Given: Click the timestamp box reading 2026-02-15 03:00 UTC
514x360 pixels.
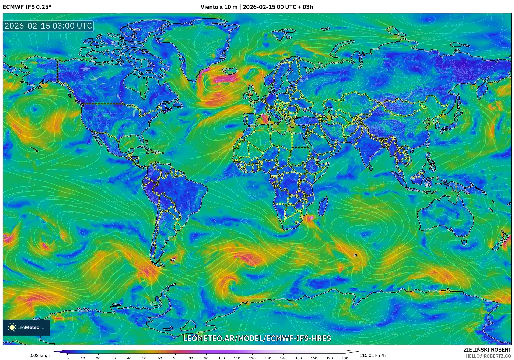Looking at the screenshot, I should click(48, 26).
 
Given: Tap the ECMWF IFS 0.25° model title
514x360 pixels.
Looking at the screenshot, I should click(27, 7).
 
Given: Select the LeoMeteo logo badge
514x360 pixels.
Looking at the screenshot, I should click(26, 327).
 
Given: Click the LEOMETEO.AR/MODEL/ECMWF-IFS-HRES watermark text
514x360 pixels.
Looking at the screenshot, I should click(257, 338).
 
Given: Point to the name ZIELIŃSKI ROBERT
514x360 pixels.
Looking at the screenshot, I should click(487, 350).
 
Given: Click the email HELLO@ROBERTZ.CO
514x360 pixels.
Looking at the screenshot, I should click(488, 356).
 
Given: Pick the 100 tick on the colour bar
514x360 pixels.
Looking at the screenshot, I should click(221, 358).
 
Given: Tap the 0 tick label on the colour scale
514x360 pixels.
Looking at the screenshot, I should click(68, 358).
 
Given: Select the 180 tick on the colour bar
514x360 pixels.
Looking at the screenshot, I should click(345, 358).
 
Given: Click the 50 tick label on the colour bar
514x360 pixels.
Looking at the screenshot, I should click(144, 358).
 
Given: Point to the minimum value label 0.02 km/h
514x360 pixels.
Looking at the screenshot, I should click(40, 355).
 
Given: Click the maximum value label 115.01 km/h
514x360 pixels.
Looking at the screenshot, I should click(372, 355).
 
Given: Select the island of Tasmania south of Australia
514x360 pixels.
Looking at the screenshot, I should click(464, 243).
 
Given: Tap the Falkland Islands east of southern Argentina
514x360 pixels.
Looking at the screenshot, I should click(173, 260).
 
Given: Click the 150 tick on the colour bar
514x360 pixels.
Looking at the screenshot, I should click(298, 358).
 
